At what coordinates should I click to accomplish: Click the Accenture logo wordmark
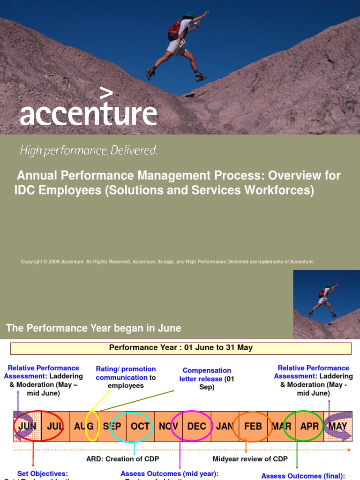pos(88,111)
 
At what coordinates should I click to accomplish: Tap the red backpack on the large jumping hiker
pos(174,30)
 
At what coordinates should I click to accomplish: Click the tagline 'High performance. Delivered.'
pos(88,150)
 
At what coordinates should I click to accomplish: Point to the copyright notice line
pos(167,262)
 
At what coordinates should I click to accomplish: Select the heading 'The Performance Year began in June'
pos(93,328)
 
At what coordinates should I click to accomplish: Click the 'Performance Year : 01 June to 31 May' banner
pos(180,348)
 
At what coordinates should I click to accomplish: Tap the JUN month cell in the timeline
pos(27,427)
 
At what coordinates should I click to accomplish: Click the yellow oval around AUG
pos(92,426)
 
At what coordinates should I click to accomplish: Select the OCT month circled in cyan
pos(140,427)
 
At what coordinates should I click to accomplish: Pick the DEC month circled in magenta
pos(196,427)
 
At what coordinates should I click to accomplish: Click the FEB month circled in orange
pos(253,427)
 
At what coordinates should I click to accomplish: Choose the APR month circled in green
pos(309,427)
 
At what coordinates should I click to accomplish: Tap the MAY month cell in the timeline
pos(337,427)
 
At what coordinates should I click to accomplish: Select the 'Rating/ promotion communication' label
pos(126,373)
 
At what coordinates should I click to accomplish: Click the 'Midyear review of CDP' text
pos(250,459)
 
